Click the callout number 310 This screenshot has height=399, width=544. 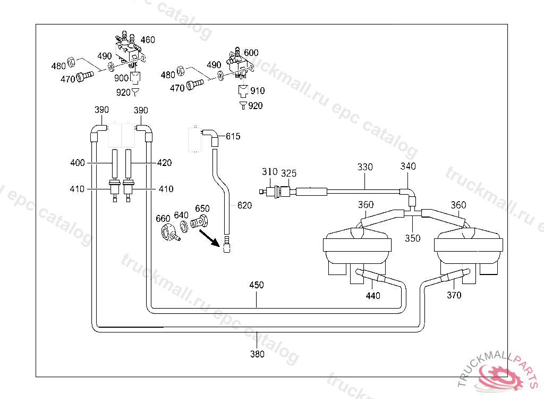point(270,171)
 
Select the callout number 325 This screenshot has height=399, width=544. point(288,173)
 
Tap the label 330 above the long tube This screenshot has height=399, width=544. point(365,167)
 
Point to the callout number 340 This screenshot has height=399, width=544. point(408,167)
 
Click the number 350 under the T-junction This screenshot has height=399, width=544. point(413,238)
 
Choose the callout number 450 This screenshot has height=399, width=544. point(257,285)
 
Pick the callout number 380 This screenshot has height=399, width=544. point(257,354)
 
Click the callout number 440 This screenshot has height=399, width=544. point(373,296)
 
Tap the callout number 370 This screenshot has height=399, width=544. point(454,295)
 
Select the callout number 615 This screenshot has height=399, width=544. point(233,137)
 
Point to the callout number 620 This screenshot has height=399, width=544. point(244,205)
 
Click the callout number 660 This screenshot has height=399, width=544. point(163,218)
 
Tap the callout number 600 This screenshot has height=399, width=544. point(251,53)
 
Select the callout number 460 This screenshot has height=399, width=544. point(148,40)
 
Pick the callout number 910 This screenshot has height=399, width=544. point(258,91)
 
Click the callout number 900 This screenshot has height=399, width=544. point(122,78)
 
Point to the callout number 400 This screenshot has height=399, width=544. point(78,163)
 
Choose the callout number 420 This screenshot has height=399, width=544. point(164,163)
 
